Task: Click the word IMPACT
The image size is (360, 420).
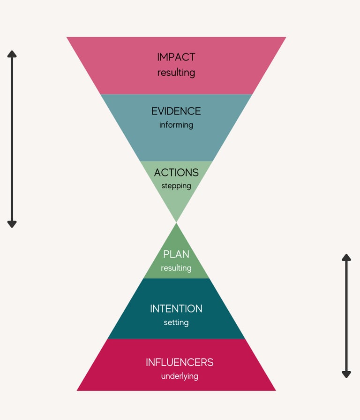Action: click(x=176, y=57)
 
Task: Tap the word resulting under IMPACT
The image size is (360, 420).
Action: click(x=176, y=73)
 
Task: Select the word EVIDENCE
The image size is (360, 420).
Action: click(x=176, y=111)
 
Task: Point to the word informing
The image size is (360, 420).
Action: click(x=176, y=125)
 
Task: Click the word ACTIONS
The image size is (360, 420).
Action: click(x=176, y=173)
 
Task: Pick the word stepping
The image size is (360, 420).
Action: click(x=176, y=186)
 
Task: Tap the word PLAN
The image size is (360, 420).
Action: click(x=176, y=254)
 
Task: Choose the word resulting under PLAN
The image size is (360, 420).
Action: click(x=176, y=268)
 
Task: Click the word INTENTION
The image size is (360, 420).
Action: click(x=176, y=309)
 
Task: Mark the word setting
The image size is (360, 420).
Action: click(x=176, y=323)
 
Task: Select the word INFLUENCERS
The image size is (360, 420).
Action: click(x=180, y=362)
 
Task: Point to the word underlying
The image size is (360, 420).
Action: click(x=180, y=376)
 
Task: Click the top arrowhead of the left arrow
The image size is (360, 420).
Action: click(x=12, y=53)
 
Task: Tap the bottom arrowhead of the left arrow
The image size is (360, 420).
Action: click(x=12, y=224)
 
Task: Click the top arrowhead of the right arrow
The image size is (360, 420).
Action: click(x=346, y=258)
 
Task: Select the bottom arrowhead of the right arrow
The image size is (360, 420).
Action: click(x=346, y=374)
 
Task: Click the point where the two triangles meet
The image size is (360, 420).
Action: click(x=176, y=222)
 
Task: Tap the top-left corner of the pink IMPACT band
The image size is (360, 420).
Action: click(x=67, y=38)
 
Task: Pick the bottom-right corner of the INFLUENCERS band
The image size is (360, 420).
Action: click(x=275, y=390)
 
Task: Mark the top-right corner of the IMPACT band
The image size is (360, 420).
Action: click(x=285, y=38)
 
